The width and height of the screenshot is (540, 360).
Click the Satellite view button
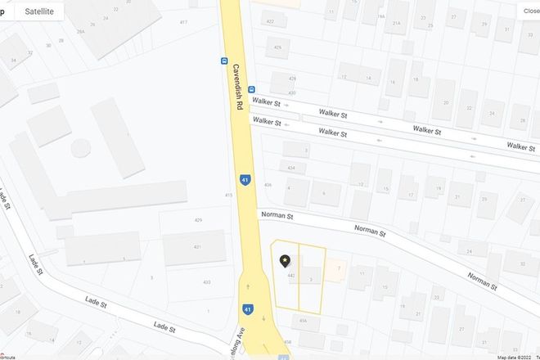39,11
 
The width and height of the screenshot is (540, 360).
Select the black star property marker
285,261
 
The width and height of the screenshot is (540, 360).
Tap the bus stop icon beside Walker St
251,89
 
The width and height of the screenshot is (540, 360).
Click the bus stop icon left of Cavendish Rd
223,61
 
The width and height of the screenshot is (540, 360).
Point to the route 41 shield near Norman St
245,179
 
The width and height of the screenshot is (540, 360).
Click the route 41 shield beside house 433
247,309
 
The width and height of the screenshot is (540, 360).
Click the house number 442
291,275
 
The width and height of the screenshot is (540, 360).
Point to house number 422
270,21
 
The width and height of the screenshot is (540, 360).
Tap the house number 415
228,196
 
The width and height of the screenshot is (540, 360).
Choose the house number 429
197,220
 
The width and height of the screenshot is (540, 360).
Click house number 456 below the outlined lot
303,321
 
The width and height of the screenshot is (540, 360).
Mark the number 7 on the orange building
337,267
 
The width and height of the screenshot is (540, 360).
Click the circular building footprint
80,148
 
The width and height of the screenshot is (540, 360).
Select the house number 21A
396,24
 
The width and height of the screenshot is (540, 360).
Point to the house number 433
206,282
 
